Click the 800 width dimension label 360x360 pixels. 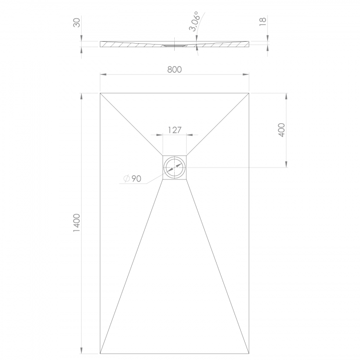[x=175, y=69]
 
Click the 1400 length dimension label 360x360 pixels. [x=77, y=223]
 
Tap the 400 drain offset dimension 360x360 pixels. [x=282, y=130]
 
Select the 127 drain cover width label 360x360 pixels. [x=175, y=130]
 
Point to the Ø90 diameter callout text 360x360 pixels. [x=132, y=179]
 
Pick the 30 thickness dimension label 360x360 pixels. [x=77, y=23]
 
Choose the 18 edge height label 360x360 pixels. [x=263, y=21]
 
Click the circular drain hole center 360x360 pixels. [x=175, y=168]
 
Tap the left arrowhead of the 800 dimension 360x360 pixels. [x=103, y=74]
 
